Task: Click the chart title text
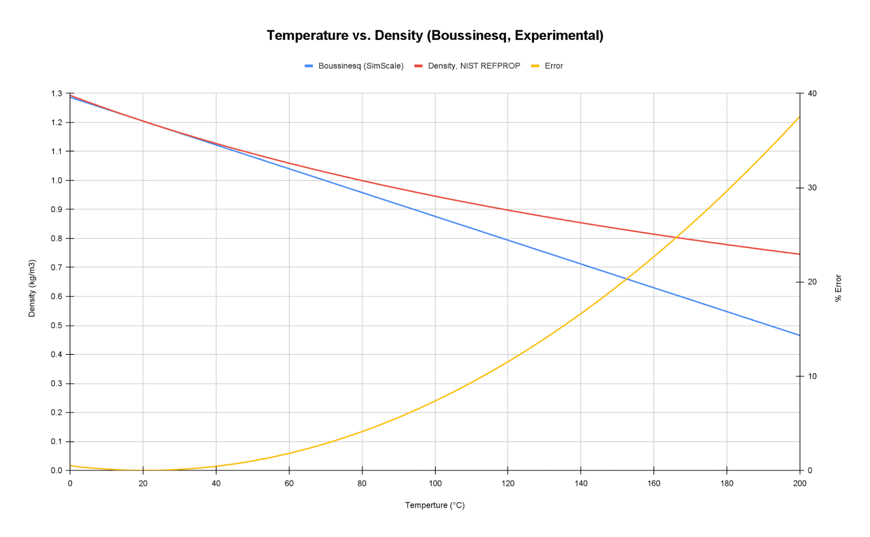435,35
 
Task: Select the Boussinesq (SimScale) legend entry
360,66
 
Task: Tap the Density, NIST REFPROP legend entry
474,66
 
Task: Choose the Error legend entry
553,66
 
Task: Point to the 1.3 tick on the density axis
57,93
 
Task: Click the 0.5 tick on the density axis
57,326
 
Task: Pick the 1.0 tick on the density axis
57,180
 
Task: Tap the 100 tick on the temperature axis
435,483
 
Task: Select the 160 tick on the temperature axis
654,483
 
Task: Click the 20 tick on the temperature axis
143,483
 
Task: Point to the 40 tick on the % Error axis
812,93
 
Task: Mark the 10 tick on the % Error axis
812,376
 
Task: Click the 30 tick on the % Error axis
812,188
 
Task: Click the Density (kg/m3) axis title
32,288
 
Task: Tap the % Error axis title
838,288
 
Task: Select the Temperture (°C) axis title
435,505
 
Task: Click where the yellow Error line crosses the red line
676,237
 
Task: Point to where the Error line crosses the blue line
627,279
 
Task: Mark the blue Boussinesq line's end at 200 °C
799,335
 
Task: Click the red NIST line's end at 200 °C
799,254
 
